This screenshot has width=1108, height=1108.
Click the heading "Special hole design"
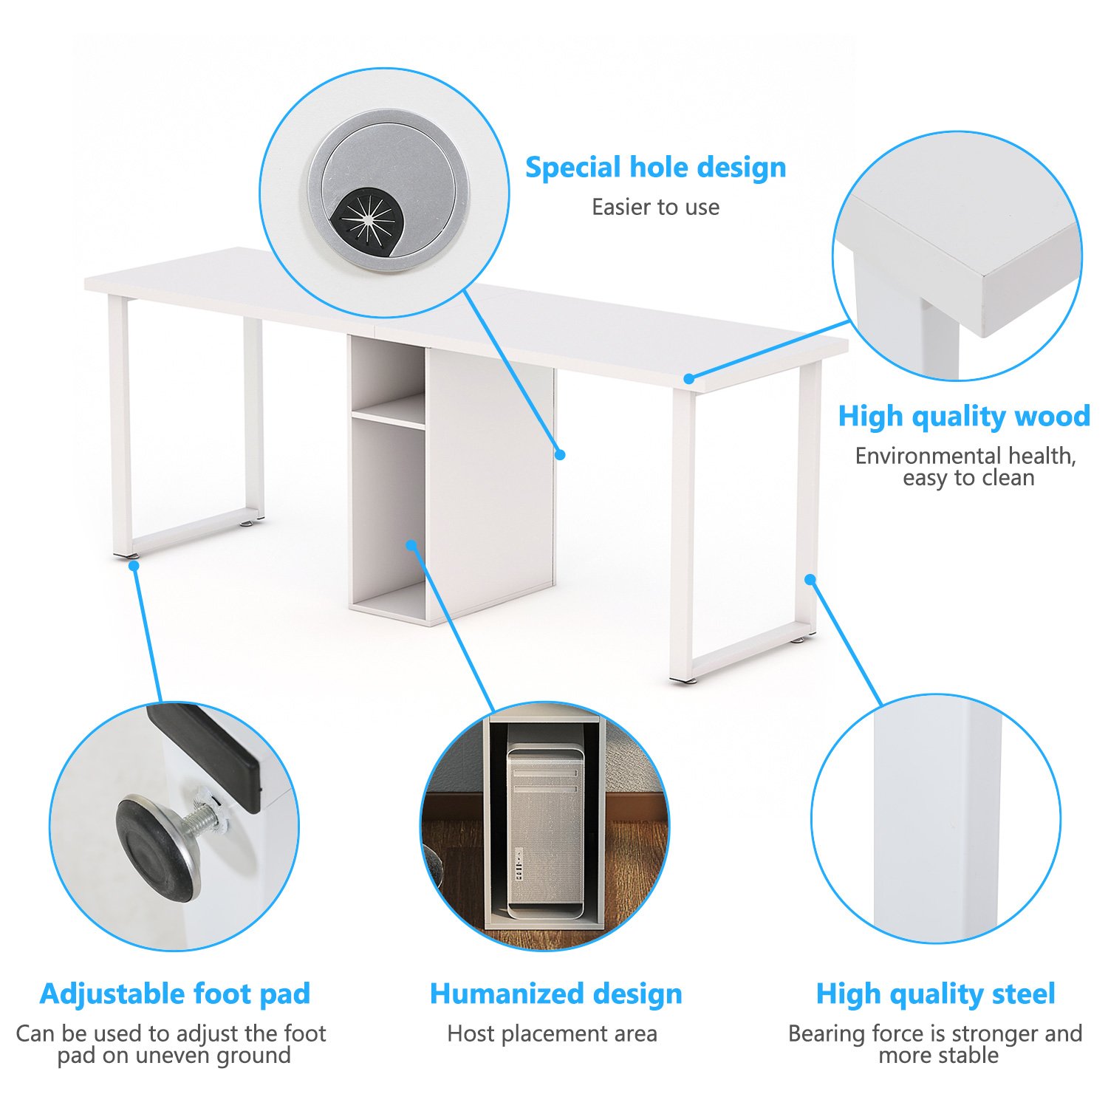click(655, 168)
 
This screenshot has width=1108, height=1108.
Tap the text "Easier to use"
click(655, 208)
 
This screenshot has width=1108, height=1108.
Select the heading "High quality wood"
click(964, 417)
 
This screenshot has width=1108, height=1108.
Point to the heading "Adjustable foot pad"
click(175, 994)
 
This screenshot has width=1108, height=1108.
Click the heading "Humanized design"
click(555, 994)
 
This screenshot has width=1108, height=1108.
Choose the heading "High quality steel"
click(935, 994)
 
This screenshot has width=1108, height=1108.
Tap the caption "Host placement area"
click(552, 1033)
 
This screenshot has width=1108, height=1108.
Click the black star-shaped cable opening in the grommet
click(367, 219)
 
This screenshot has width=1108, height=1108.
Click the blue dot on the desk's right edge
click(688, 379)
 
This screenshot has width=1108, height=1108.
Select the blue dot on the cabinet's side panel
click(560, 455)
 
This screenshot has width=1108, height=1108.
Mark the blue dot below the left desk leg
click(134, 566)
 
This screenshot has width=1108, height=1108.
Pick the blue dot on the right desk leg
click(810, 579)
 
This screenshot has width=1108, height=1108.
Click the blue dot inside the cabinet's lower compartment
click(411, 545)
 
